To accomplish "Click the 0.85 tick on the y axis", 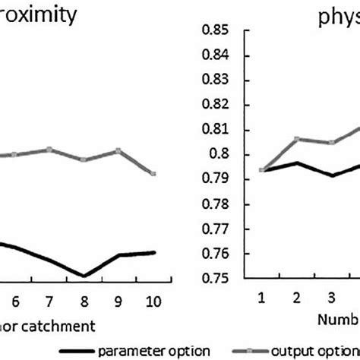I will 215,30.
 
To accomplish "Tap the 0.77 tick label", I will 215,229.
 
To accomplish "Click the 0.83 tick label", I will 215,80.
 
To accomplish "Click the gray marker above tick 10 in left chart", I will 155,174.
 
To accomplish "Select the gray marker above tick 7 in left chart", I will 49,150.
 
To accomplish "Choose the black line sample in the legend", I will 84,350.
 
